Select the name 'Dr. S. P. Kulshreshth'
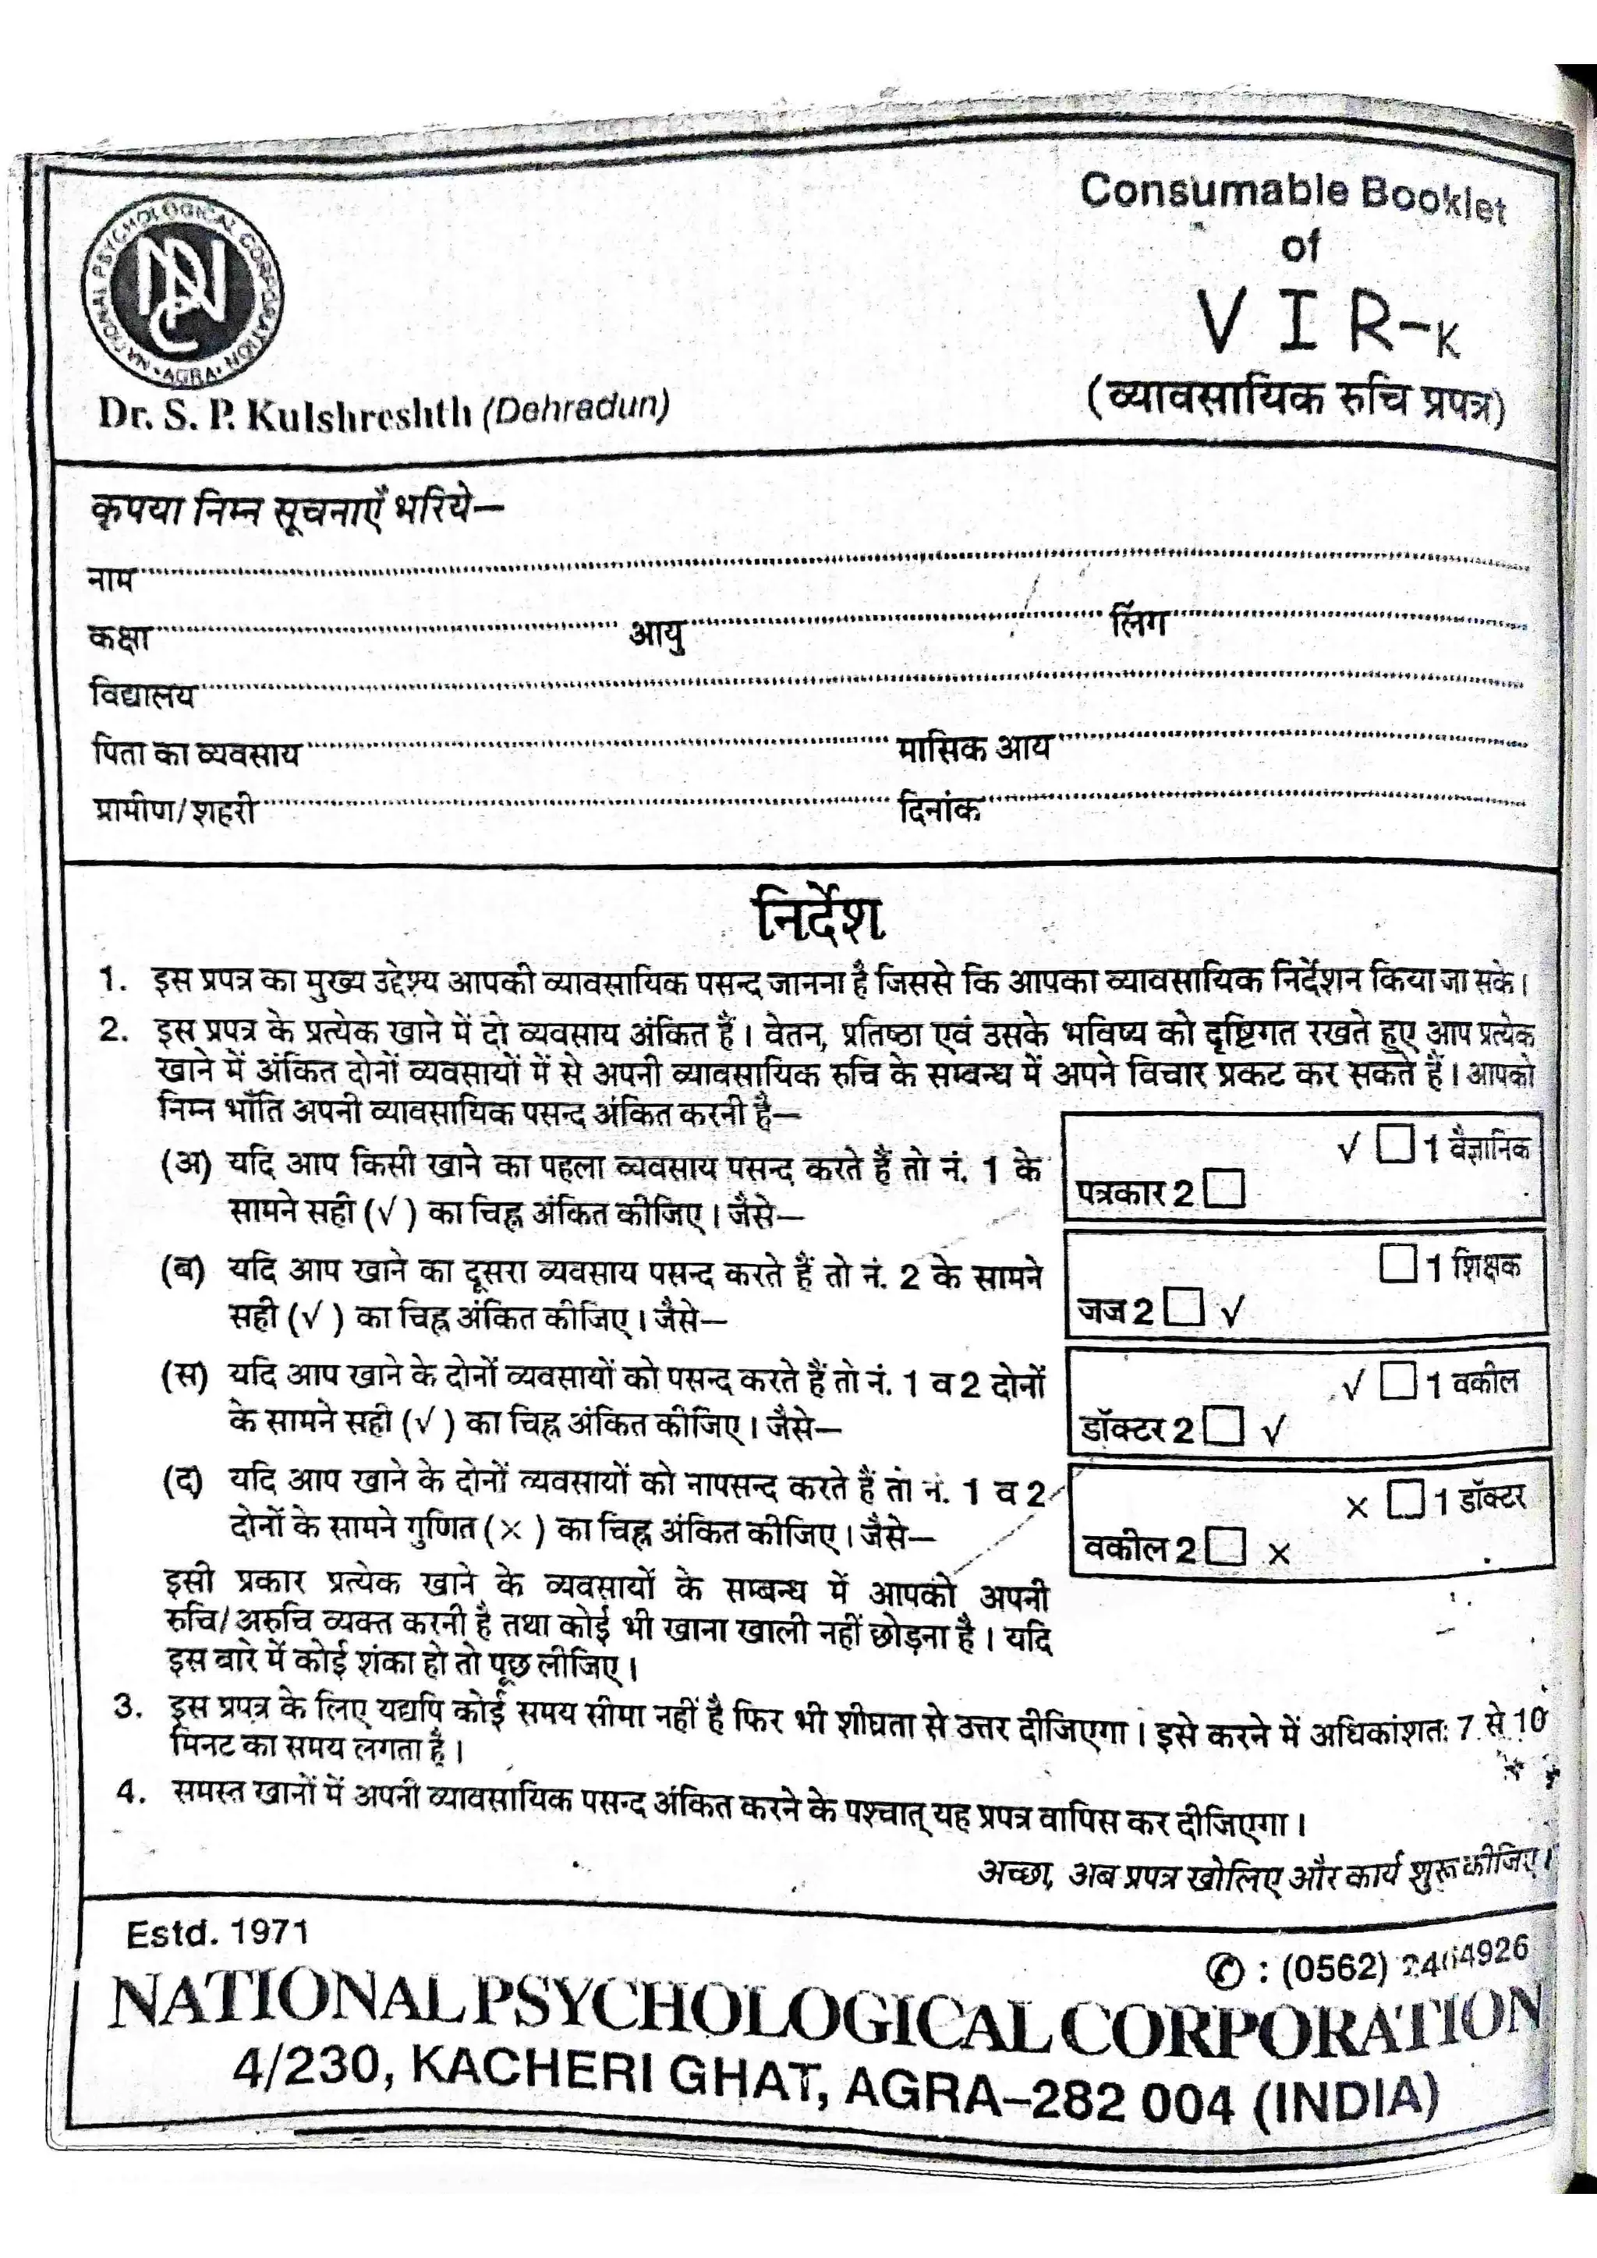click(285, 414)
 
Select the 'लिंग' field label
click(1137, 621)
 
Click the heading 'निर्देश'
click(819, 919)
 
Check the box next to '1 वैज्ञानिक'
click(1397, 1144)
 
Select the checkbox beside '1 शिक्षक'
click(1397, 1264)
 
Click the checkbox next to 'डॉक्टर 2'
click(1223, 1426)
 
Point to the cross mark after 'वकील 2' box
click(1278, 1554)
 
